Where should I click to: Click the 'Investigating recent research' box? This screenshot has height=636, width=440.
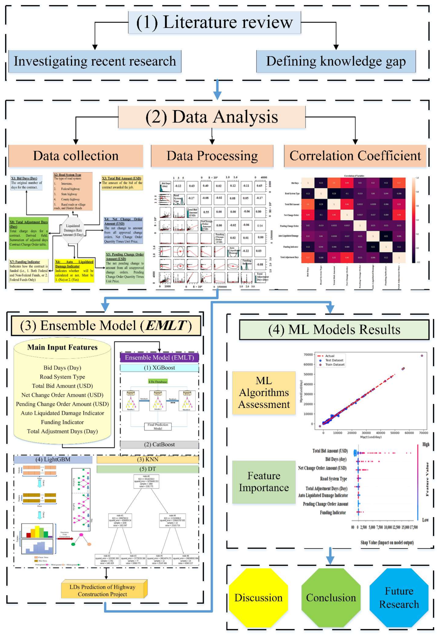[x=95, y=61]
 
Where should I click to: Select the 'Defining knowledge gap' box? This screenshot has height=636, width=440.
[x=336, y=61]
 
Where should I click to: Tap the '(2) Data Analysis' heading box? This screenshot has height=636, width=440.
[x=211, y=117]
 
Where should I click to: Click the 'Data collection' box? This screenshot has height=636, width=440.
[x=76, y=156]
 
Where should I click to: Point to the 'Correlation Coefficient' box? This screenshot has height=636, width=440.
[x=355, y=156]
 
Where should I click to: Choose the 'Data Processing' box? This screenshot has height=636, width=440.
[x=212, y=156]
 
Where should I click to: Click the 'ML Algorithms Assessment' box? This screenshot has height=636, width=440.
[x=264, y=392]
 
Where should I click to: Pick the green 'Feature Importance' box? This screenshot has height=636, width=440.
[x=264, y=482]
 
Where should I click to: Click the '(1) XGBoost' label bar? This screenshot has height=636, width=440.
[x=159, y=368]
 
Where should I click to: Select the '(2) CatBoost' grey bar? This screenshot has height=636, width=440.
[x=159, y=444]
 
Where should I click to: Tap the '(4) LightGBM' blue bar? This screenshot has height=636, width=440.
[x=53, y=459]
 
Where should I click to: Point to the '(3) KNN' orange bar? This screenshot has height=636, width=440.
[x=148, y=459]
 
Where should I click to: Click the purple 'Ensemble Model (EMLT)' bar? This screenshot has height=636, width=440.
[x=159, y=357]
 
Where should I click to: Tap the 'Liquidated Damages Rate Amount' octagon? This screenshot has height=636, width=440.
[x=73, y=230]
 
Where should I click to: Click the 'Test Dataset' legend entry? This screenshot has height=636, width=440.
[x=334, y=360]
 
